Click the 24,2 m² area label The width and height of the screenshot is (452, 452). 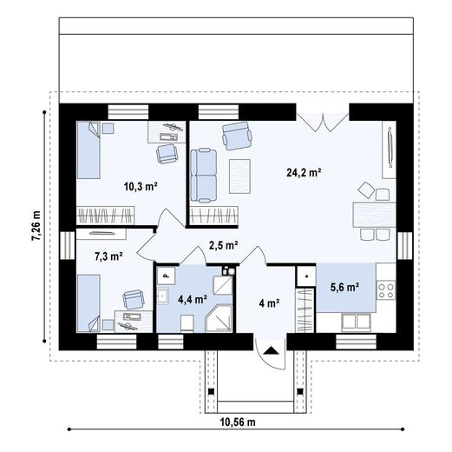[x=304, y=173]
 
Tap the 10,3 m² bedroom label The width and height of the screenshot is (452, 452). [x=140, y=186]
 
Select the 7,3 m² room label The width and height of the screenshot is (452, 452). [x=108, y=256]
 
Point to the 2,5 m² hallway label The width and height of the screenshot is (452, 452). [x=223, y=245]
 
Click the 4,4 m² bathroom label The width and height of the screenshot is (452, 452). [x=192, y=298]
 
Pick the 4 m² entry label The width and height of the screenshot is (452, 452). [x=269, y=303]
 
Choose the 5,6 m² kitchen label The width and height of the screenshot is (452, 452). [x=344, y=288]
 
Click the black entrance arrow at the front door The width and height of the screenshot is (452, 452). [x=272, y=350]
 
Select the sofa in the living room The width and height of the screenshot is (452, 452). [x=205, y=171]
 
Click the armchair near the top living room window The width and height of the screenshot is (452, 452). [x=235, y=134]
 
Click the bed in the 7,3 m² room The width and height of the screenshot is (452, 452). [x=89, y=301]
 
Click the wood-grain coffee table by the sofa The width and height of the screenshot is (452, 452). [x=239, y=176]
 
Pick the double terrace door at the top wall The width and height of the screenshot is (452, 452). [x=324, y=121]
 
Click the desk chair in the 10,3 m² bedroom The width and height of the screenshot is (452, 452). [x=165, y=153]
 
